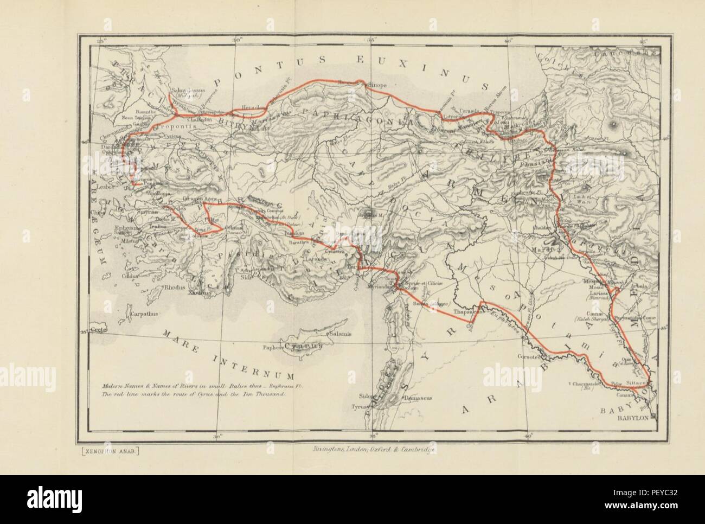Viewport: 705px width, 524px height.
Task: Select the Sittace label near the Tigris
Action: (636, 382)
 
